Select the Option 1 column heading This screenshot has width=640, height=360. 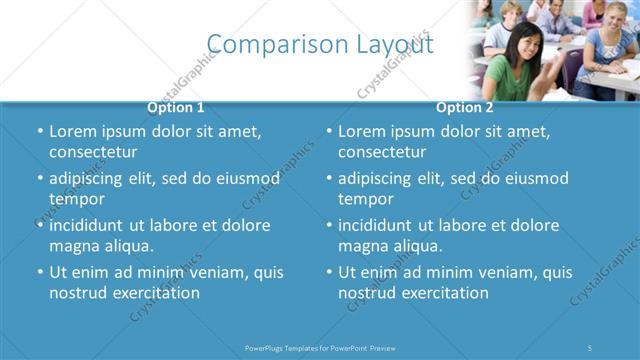pyautogui.click(x=175, y=107)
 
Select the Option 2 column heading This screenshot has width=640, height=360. pyautogui.click(x=464, y=107)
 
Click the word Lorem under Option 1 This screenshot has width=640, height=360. pyautogui.click(x=73, y=131)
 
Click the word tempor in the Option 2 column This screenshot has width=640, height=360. pyautogui.click(x=366, y=199)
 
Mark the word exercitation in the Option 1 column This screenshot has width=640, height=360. pyautogui.click(x=155, y=293)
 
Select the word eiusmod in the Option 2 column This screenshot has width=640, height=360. pyautogui.click(x=534, y=178)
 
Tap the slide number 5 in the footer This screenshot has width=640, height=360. pyautogui.click(x=590, y=347)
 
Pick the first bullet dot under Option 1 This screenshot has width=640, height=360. pyautogui.click(x=40, y=131)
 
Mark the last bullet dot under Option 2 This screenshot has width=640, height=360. pyautogui.click(x=329, y=272)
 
